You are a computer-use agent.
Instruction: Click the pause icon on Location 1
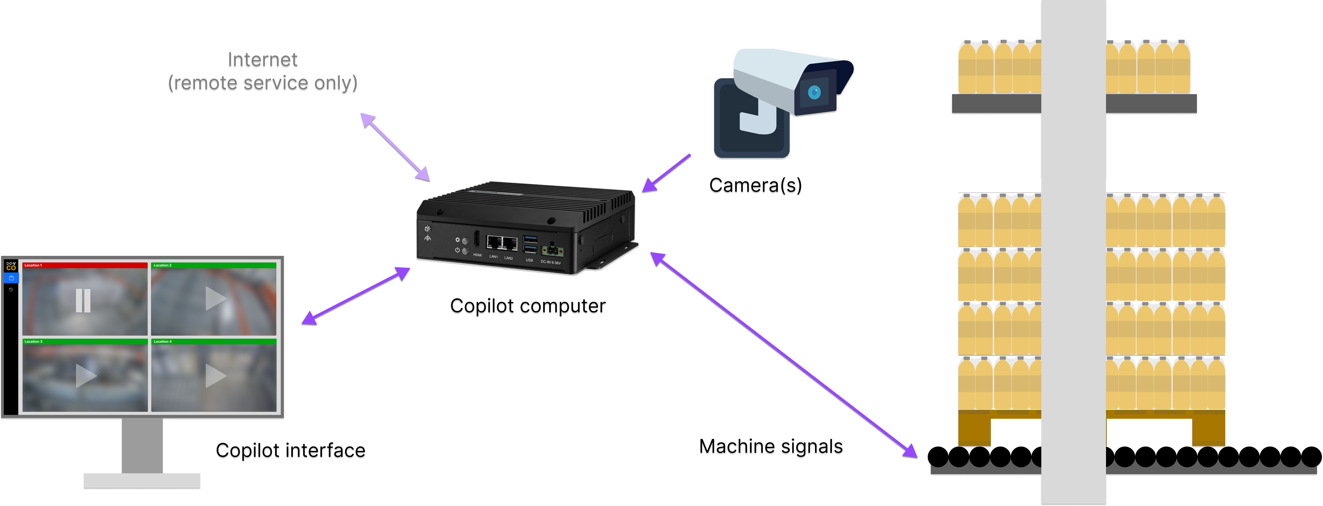pyautogui.click(x=83, y=300)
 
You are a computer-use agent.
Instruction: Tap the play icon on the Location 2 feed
pyautogui.click(x=215, y=299)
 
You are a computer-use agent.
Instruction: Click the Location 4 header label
pyautogui.click(x=163, y=341)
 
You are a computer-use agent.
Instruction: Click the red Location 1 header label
pyautogui.click(x=33, y=265)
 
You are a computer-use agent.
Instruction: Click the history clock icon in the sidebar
pyautogui.click(x=11, y=289)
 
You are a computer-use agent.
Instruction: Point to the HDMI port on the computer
pyautogui.click(x=477, y=240)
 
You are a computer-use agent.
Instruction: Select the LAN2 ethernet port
pyautogui.click(x=509, y=243)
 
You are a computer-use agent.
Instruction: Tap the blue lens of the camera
pyautogui.click(x=814, y=92)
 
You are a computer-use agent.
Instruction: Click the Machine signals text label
pyautogui.click(x=770, y=448)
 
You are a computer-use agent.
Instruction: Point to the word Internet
pyautogui.click(x=262, y=61)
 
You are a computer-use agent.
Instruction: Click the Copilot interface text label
pyautogui.click(x=290, y=452)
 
